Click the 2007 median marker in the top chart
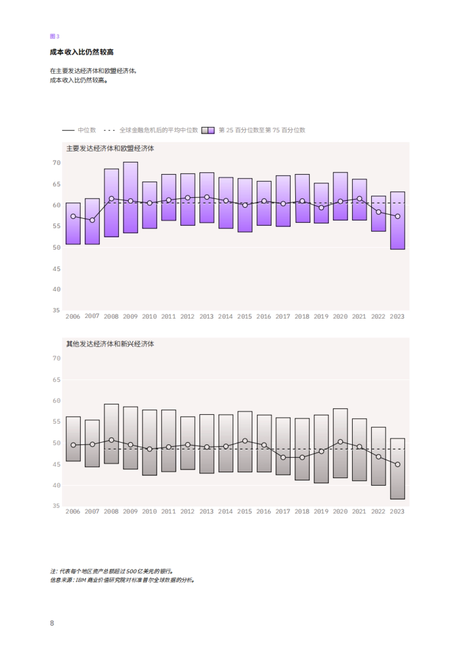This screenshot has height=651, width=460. (92, 220)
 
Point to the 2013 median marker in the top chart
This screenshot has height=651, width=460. (207, 197)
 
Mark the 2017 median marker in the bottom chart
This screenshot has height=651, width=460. (283, 457)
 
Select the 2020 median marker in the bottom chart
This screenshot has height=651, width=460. (340, 442)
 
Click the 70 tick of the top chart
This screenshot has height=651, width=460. (56, 163)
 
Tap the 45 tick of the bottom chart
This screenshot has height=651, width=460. (56, 464)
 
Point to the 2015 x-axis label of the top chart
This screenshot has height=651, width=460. (245, 317)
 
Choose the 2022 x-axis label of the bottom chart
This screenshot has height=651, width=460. (378, 511)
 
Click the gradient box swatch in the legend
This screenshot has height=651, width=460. (208, 130)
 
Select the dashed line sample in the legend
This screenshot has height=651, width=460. (109, 130)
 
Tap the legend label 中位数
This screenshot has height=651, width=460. (87, 130)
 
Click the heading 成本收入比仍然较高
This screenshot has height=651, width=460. (82, 52)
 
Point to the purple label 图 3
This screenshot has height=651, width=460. (54, 36)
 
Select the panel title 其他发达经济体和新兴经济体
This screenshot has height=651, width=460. (110, 344)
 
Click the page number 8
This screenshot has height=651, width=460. (52, 623)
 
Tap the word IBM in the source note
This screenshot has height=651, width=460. (81, 580)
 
